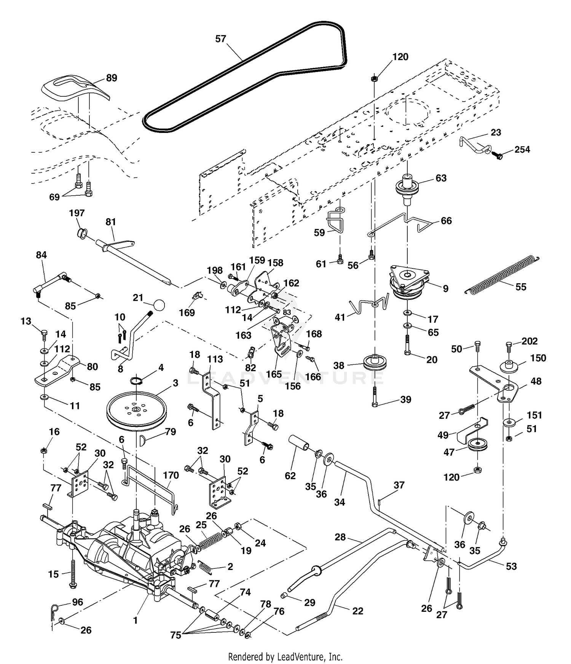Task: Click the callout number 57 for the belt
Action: click(221, 39)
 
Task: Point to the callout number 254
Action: click(522, 150)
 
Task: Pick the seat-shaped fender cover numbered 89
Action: click(75, 87)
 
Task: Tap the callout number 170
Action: click(171, 475)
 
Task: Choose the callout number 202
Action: click(530, 341)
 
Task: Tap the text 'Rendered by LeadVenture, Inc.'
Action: click(285, 657)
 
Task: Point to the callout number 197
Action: click(77, 213)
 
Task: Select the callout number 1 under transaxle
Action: click(135, 620)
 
